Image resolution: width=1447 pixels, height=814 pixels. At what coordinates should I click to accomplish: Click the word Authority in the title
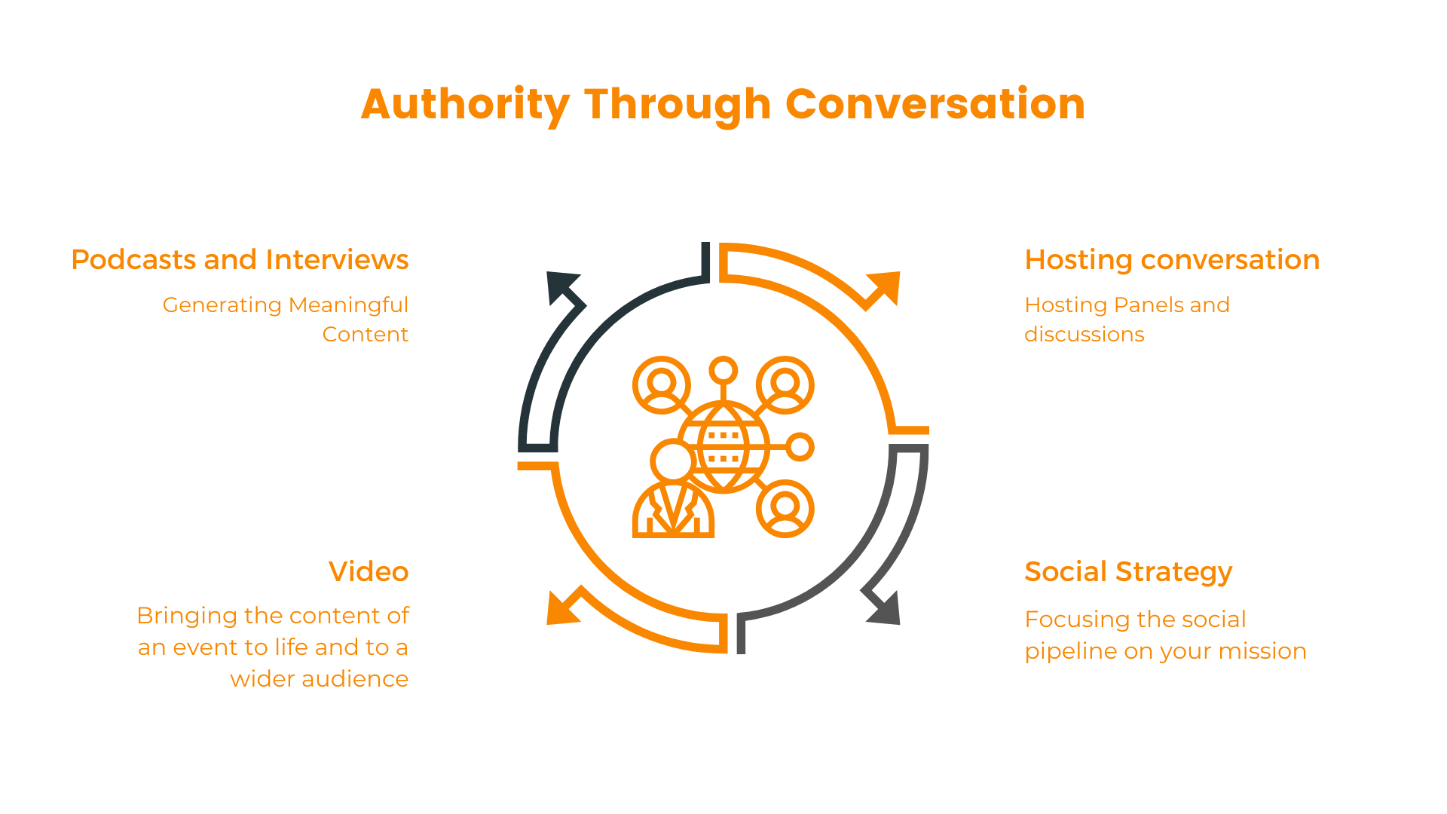[465, 104]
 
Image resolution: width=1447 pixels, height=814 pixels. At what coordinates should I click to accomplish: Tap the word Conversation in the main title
[935, 104]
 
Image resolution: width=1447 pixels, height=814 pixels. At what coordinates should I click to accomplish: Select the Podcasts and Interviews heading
[240, 259]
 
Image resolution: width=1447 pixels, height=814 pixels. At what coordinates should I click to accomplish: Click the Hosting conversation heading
[1172, 259]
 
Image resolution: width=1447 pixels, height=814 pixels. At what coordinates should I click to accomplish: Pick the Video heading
[369, 571]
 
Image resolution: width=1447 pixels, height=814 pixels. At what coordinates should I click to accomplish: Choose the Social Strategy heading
[1128, 572]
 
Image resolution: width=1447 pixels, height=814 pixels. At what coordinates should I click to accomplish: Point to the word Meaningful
[348, 304]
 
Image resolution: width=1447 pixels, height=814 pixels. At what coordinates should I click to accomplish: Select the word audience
[356, 678]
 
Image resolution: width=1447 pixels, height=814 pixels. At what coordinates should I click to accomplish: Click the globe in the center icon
[723, 448]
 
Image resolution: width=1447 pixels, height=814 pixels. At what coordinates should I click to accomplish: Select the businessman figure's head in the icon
[672, 461]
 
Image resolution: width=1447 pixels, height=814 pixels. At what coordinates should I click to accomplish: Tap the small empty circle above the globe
[723, 370]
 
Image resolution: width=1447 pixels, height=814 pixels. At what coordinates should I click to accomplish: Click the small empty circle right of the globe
[800, 447]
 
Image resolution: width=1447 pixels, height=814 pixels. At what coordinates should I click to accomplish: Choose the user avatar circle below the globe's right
[785, 509]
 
